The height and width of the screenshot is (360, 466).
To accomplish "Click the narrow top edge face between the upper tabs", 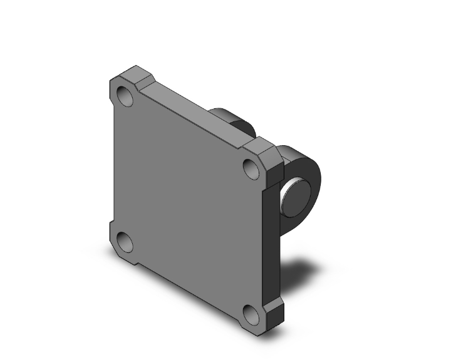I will (x=194, y=113).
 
